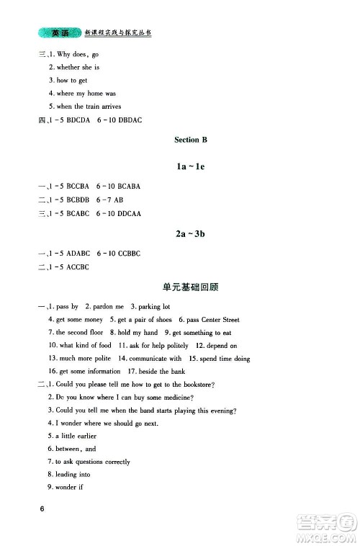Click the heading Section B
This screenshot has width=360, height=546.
pos(190,139)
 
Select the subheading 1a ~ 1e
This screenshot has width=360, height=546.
pos(190,166)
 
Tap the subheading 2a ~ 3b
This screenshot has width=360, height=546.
pos(190,234)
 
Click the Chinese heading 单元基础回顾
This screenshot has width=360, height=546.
pos(190,287)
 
